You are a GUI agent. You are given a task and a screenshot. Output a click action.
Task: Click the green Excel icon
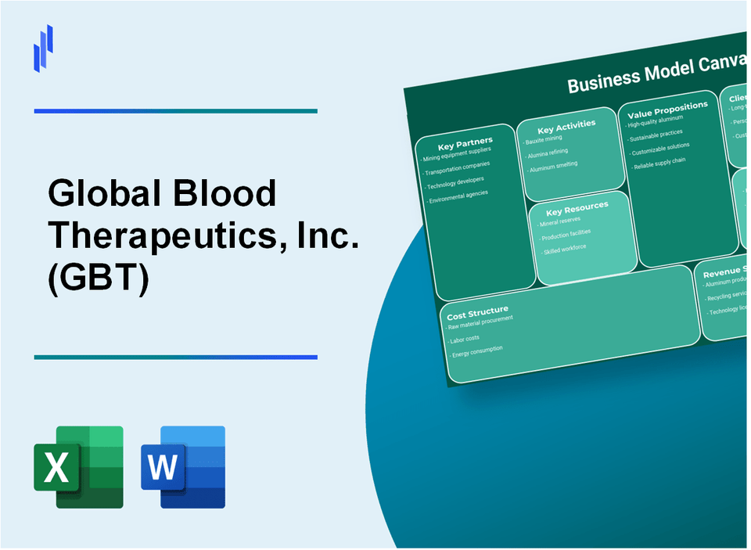(78, 467)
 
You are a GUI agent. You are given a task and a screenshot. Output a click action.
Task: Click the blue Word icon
(182, 467)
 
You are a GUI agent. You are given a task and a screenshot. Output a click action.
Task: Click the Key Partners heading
(465, 143)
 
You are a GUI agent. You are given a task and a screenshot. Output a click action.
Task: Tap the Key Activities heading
(566, 125)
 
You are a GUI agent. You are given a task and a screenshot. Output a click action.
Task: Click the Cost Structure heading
(477, 311)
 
